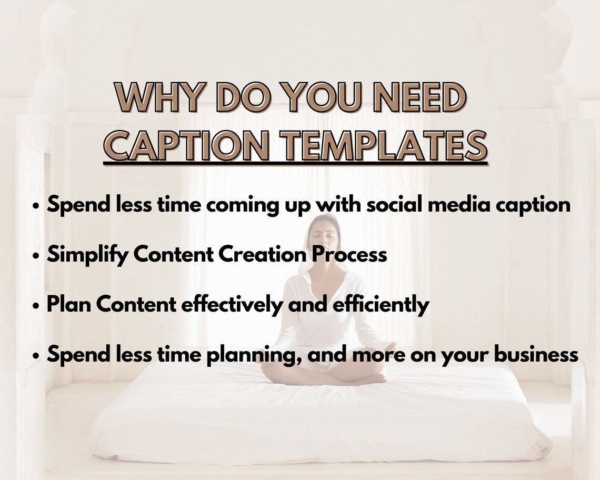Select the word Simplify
[x=87, y=255]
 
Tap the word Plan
[x=67, y=305]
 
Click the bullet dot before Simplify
[x=36, y=256]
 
